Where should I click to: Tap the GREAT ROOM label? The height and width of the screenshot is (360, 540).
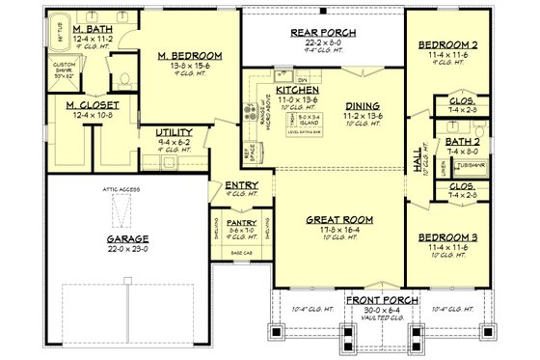pos(334,220)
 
